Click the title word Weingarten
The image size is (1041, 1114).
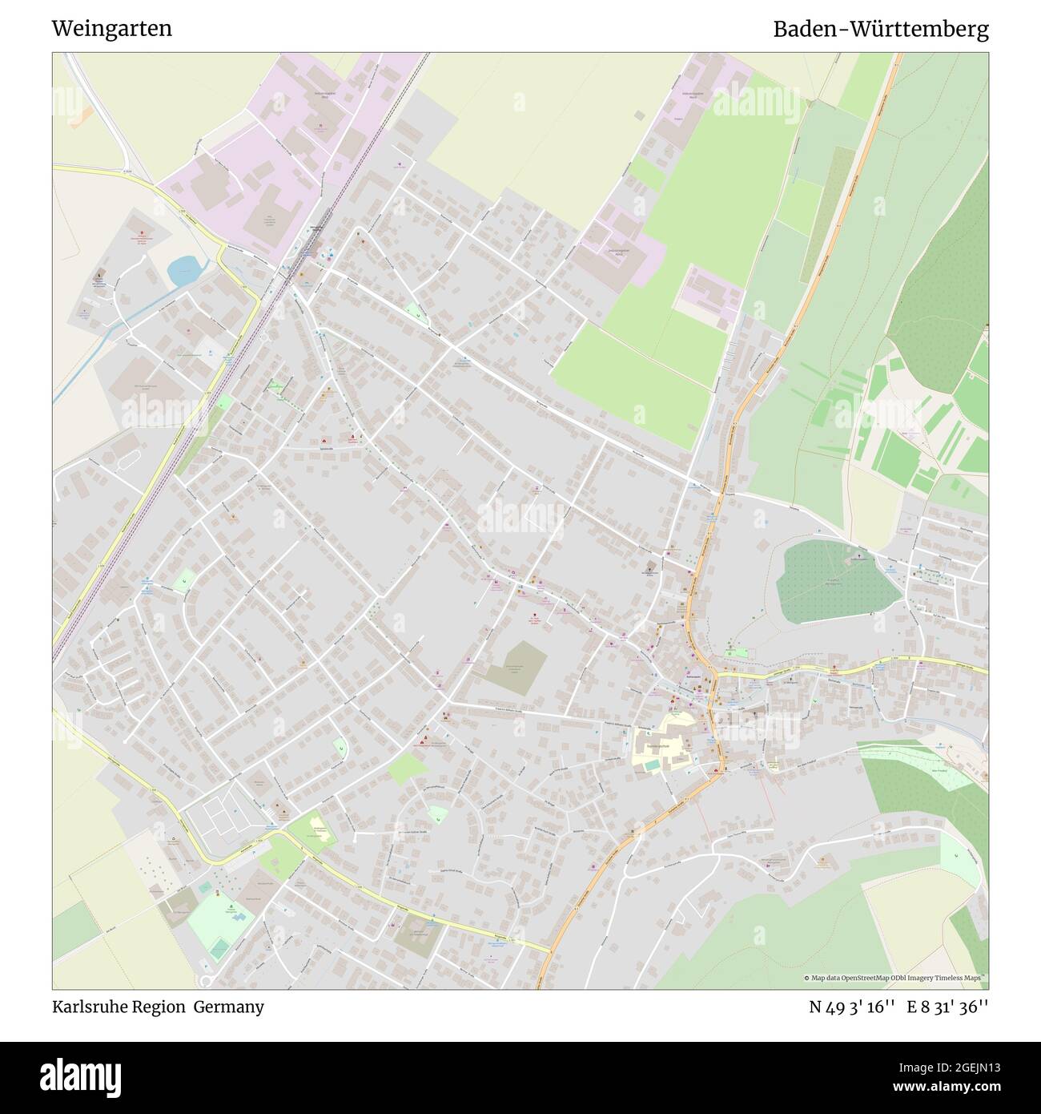coord(111,29)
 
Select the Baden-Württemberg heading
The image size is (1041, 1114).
coord(880,29)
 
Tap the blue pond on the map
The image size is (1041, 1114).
coord(183,270)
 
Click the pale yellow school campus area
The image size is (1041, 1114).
coord(663,747)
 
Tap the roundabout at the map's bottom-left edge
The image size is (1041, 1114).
coord(207,982)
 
